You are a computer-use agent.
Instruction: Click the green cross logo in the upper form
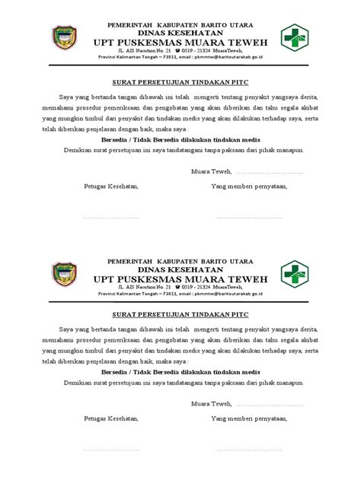[294, 37]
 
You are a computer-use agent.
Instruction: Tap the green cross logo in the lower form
[294, 272]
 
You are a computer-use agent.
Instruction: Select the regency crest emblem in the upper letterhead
[64, 37]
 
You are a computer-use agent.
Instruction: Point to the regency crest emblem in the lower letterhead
[64, 273]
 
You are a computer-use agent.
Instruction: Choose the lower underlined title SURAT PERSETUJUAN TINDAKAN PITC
[178, 314]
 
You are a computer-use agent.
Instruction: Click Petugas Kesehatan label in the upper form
[112, 186]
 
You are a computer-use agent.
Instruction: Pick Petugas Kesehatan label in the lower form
[112, 419]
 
